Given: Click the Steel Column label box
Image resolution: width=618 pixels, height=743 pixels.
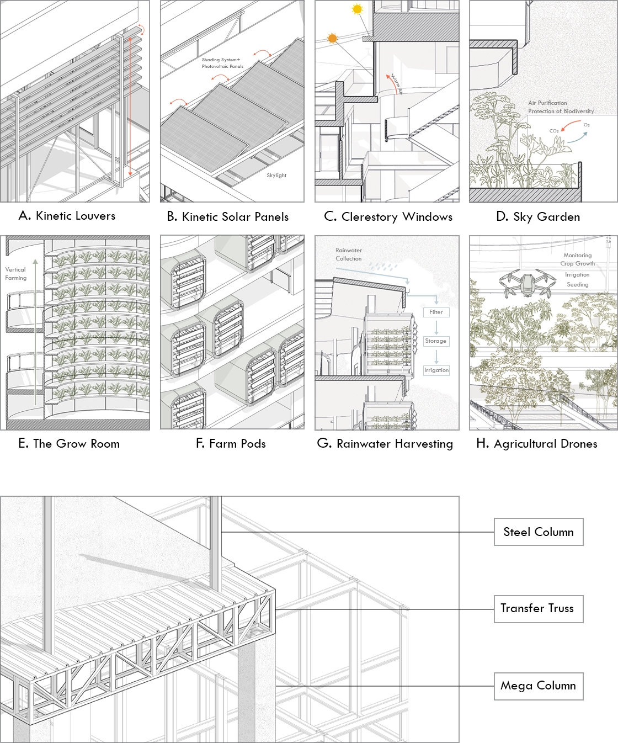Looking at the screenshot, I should (539, 532).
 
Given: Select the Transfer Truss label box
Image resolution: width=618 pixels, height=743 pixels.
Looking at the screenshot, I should (539, 609).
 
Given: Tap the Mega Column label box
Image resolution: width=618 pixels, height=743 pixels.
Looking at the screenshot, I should (539, 686).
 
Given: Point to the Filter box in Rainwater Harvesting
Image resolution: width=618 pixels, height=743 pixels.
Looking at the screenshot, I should (436, 312).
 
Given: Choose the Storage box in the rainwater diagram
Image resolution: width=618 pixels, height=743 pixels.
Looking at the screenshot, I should (436, 341).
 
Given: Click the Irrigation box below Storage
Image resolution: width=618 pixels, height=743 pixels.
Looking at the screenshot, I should (436, 370).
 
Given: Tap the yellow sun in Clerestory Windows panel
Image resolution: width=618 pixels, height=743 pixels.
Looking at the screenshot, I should (358, 9).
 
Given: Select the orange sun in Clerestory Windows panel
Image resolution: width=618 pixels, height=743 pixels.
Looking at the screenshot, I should (332, 38).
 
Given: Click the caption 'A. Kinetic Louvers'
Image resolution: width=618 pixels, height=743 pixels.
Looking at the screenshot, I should (67, 216).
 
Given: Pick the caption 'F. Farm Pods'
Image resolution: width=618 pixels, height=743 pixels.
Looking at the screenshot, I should (231, 444).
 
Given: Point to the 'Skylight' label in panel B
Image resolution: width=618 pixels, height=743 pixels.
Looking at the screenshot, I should (276, 176).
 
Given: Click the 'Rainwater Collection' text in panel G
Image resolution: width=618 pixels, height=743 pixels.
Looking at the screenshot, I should (349, 254).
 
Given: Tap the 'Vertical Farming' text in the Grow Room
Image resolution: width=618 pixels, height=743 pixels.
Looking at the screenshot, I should (16, 274).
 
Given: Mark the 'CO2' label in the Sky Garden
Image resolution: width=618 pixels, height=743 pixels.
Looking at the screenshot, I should (554, 131).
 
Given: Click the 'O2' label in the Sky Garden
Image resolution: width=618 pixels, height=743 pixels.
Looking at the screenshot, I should (587, 125).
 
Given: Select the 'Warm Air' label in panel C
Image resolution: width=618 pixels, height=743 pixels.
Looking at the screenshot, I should (397, 84).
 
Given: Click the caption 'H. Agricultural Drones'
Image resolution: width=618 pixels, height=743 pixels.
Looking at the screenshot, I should (537, 444).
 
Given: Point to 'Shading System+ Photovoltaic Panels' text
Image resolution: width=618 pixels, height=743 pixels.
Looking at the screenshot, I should (222, 63).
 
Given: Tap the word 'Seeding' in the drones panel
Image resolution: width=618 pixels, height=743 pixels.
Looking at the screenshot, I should (578, 285).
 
